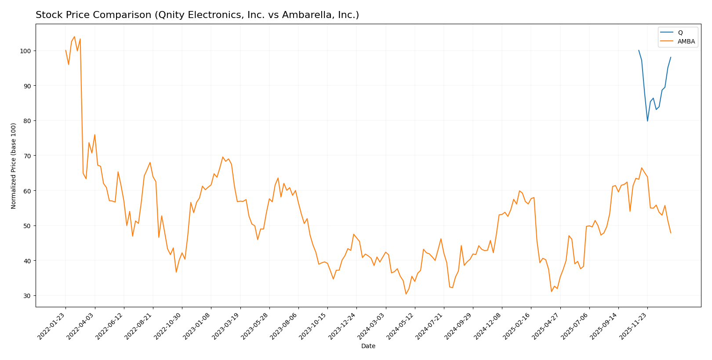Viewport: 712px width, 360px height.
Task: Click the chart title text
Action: click(197, 15)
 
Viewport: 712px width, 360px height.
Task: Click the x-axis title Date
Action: click(368, 346)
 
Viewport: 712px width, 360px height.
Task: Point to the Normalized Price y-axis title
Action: click(14, 166)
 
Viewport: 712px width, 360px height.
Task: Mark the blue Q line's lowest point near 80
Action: click(647, 121)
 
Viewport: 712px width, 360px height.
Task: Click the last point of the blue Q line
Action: click(671, 57)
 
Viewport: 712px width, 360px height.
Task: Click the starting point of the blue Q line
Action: click(639, 50)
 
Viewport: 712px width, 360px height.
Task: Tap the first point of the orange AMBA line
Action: click(65, 50)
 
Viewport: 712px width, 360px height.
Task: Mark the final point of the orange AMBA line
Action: click(671, 233)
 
